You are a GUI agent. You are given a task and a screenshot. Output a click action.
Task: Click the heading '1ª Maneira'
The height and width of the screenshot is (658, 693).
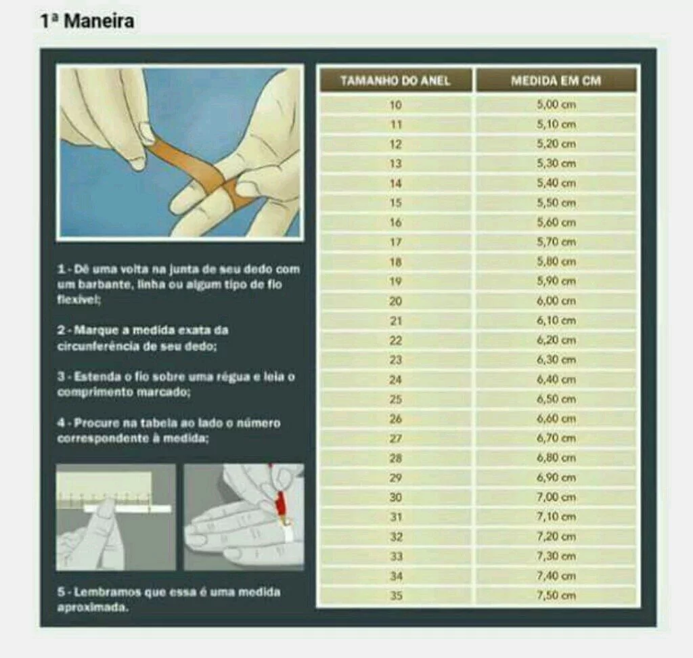pyautogui.click(x=87, y=21)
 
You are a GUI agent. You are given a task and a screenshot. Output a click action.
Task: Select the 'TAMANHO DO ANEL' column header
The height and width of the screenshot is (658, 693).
pyautogui.click(x=395, y=81)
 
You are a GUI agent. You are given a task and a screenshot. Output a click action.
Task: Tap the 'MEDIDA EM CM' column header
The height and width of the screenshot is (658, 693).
pyautogui.click(x=556, y=81)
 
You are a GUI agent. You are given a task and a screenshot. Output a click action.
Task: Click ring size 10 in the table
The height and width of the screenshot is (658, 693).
pyautogui.click(x=395, y=105)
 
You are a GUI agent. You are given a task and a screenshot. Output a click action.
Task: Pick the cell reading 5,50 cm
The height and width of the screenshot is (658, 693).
pyautogui.click(x=556, y=203)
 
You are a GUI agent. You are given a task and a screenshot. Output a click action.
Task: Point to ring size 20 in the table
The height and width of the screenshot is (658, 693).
pyautogui.click(x=395, y=301)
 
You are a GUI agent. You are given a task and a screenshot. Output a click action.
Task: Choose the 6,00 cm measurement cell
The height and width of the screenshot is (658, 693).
pyautogui.click(x=556, y=301)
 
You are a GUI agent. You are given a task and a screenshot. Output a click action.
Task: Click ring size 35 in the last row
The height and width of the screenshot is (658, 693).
pyautogui.click(x=396, y=596)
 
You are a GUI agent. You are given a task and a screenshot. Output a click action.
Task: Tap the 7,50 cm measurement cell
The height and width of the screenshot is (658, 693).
pyautogui.click(x=556, y=596)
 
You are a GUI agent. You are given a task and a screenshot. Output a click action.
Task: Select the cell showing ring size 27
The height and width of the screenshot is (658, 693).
pyautogui.click(x=395, y=439)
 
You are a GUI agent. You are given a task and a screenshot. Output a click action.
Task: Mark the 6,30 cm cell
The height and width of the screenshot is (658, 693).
pyautogui.click(x=556, y=360)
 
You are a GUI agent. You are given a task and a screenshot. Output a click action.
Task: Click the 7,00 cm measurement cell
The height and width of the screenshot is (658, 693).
pyautogui.click(x=556, y=498)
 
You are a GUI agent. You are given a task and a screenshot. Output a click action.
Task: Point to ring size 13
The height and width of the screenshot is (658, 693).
pyautogui.click(x=395, y=164)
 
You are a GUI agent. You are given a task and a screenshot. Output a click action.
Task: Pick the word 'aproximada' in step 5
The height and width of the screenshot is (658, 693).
pyautogui.click(x=91, y=608)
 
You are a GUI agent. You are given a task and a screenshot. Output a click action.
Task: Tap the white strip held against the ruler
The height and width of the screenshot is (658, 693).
pyautogui.click(x=127, y=509)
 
